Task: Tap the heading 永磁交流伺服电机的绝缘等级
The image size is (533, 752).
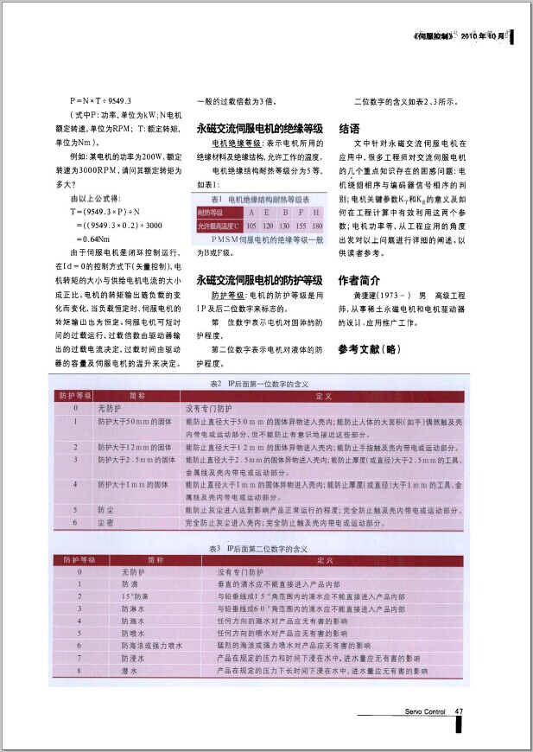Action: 259,127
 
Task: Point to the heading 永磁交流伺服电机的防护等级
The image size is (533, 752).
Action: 259,280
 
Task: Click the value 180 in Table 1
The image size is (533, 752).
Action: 317,225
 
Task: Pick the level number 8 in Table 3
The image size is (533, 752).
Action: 79,670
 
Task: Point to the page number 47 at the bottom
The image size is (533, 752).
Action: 460,712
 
